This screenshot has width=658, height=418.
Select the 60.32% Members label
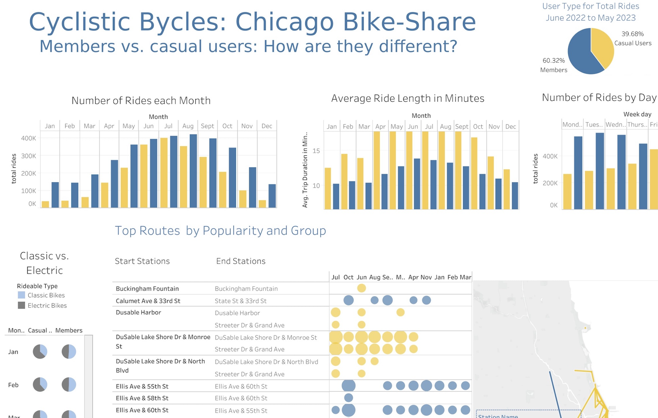[x=554, y=65]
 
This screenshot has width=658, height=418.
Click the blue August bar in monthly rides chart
[x=193, y=171]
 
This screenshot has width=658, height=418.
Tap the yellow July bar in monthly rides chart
[x=164, y=173]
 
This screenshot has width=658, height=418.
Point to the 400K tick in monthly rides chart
[x=28, y=138]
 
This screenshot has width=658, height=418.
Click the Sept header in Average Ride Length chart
[x=462, y=126]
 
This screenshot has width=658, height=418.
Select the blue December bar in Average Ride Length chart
[x=515, y=196]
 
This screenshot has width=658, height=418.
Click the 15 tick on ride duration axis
[x=316, y=151]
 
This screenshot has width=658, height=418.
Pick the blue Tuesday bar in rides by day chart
[x=600, y=171]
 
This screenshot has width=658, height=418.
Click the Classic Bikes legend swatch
[x=21, y=295]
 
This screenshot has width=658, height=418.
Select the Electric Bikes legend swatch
[x=21, y=305]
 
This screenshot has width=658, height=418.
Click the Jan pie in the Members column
[x=69, y=351]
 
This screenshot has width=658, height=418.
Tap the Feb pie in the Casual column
[x=40, y=385]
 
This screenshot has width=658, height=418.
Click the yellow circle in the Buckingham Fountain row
[x=361, y=288]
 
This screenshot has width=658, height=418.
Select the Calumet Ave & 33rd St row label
[x=148, y=301]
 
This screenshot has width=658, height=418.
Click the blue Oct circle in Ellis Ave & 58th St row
[x=348, y=398]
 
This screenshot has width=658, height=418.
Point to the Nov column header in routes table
[x=426, y=277]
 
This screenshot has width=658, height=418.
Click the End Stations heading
[x=240, y=261]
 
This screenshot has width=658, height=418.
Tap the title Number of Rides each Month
[x=141, y=100]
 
